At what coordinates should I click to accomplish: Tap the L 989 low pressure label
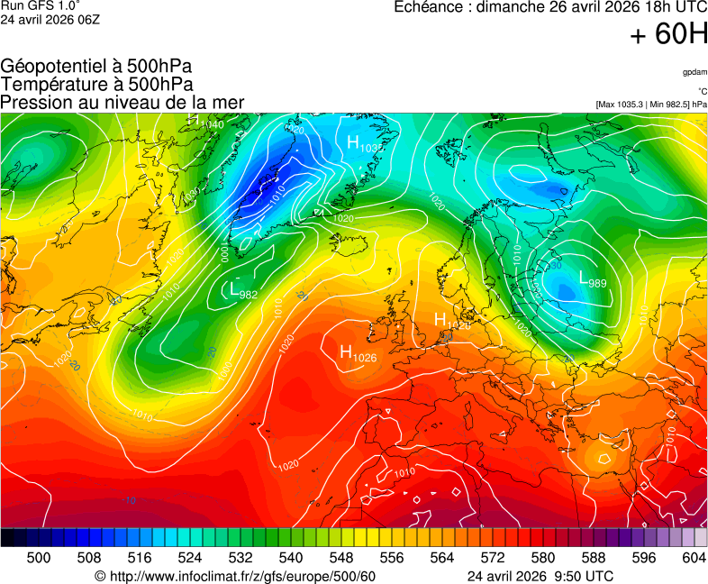[x=592, y=280]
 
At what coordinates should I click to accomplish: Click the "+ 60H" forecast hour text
[x=669, y=35]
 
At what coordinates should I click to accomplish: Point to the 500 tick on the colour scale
[x=39, y=558]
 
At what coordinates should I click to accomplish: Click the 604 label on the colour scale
[x=694, y=558]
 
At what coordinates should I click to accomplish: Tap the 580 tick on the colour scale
[x=542, y=558]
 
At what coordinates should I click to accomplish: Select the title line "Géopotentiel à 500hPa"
[x=96, y=67]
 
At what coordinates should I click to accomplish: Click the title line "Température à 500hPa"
[x=96, y=84]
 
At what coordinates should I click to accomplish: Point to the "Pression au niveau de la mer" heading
[x=123, y=102]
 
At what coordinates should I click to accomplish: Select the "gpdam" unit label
[x=694, y=71]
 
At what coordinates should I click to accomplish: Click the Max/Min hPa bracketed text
[x=651, y=105]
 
